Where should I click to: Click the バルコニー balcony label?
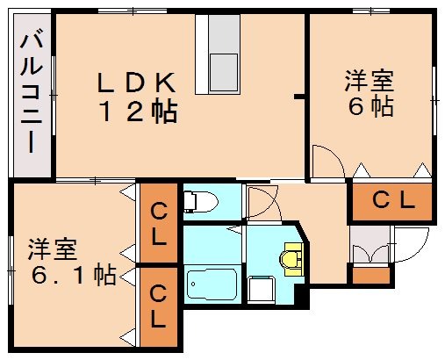tap(32, 91)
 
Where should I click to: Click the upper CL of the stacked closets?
tap(159, 223)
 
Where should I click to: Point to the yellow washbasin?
tap(291, 261)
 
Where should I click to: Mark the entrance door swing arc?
tap(413, 241)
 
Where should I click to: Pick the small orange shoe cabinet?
tap(370, 275)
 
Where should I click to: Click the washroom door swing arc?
tap(262, 204)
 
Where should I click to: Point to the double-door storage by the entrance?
tap(370, 249)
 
